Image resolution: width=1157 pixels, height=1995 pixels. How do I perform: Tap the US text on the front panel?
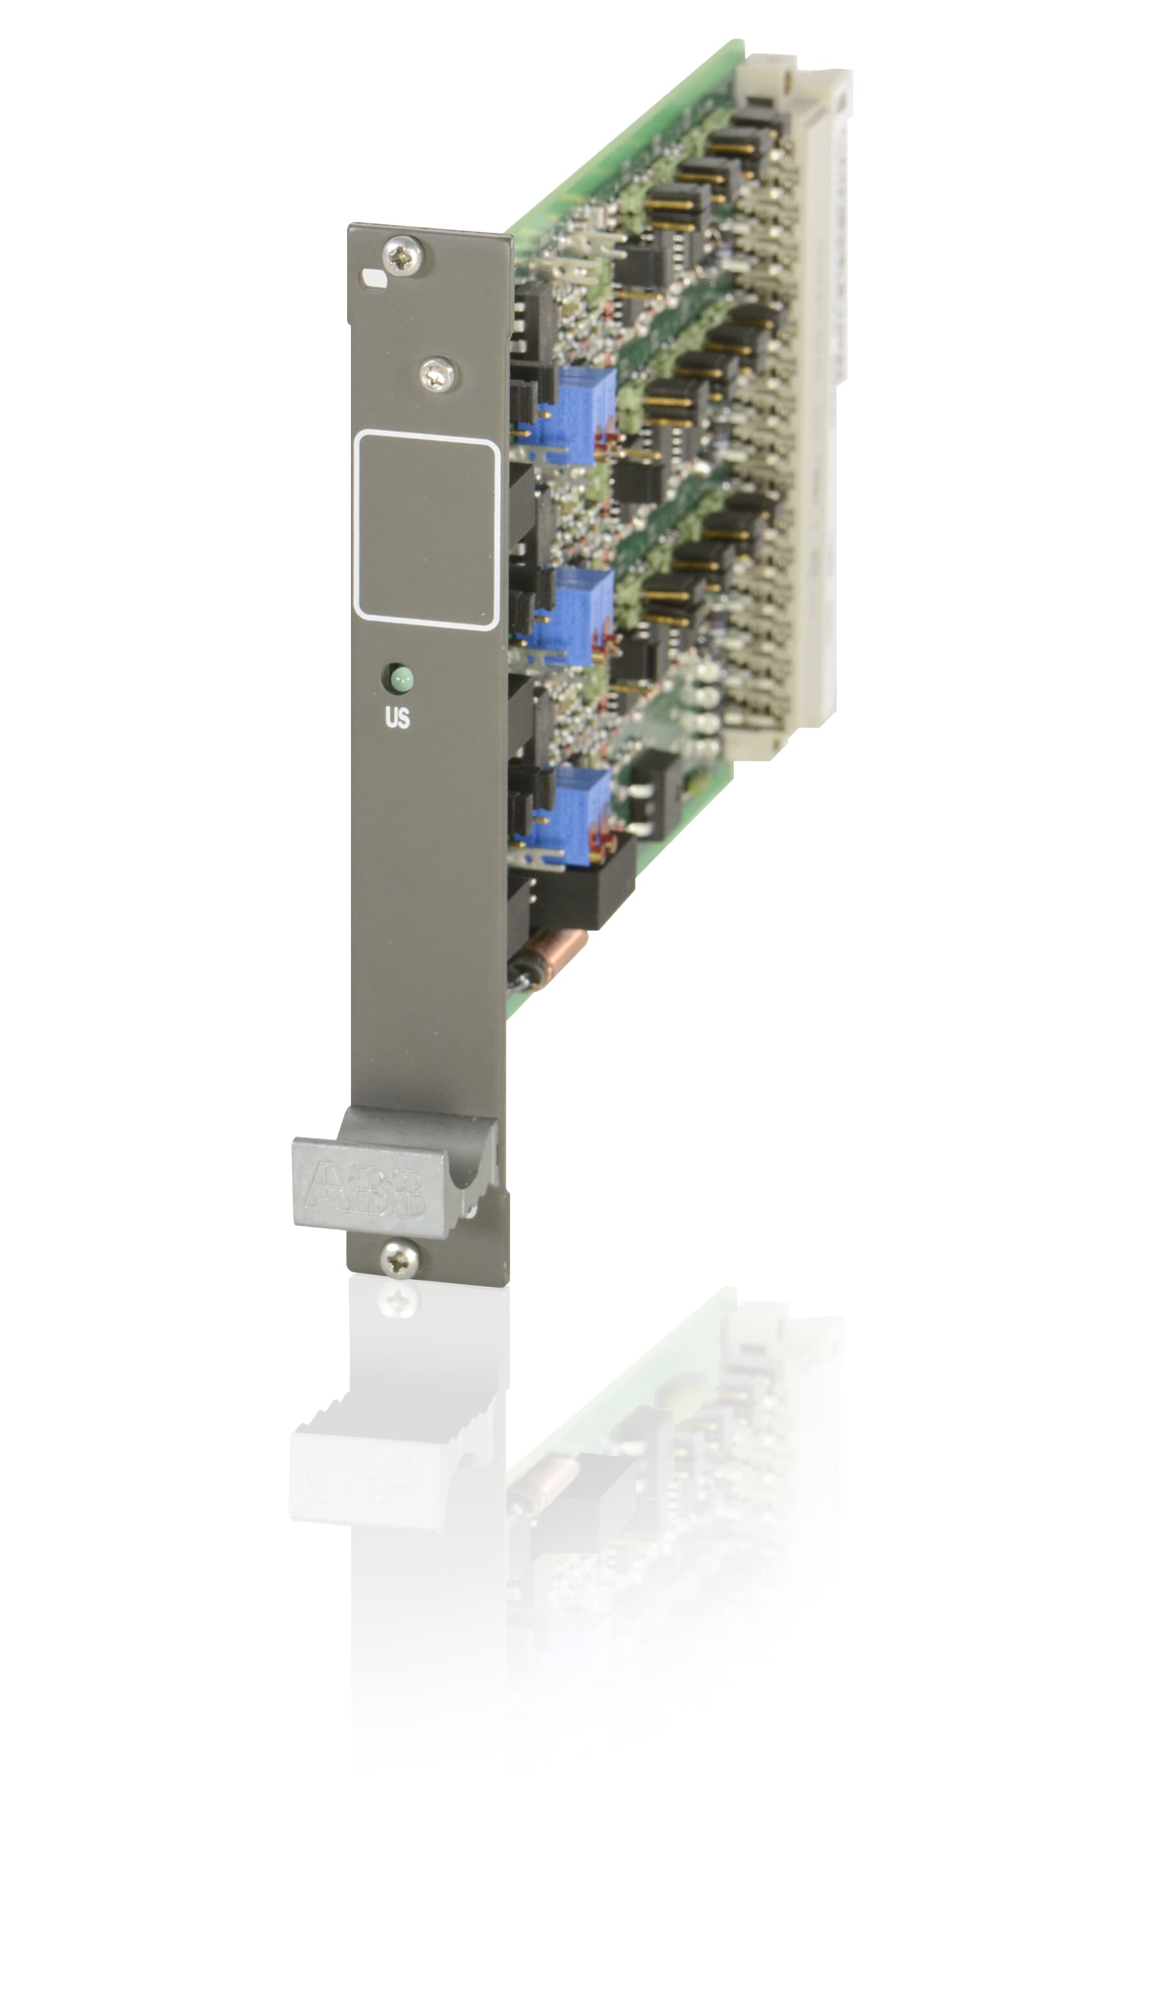(397, 718)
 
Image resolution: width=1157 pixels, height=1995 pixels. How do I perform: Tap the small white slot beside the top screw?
(373, 277)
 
